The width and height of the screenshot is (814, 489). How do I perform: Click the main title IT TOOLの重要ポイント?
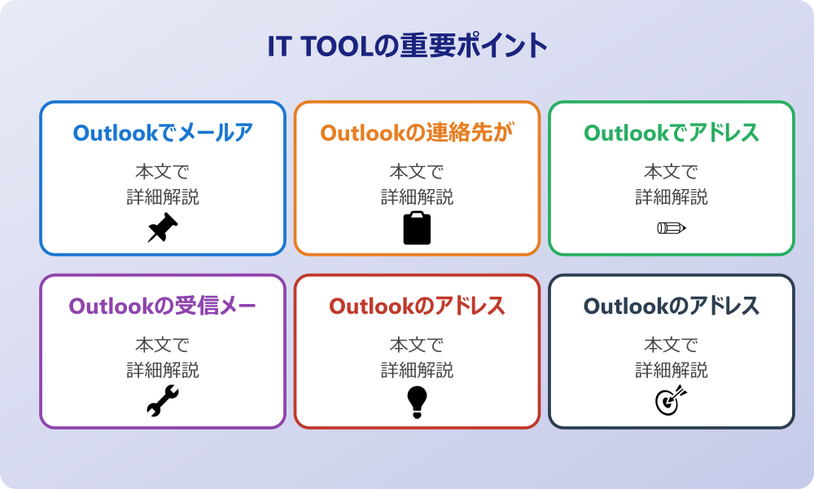point(407,46)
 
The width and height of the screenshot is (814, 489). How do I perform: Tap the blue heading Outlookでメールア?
point(163,133)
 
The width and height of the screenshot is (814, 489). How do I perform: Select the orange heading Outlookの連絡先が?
point(417,133)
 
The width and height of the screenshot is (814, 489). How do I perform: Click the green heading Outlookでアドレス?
point(672,133)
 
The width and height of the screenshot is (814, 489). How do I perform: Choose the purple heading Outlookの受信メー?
point(163,306)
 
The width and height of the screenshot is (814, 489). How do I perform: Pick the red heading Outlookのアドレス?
point(417,306)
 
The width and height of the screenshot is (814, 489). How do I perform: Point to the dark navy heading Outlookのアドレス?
point(672,306)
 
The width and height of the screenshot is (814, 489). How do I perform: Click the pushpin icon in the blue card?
point(163,228)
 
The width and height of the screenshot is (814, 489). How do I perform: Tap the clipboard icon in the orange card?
point(417,228)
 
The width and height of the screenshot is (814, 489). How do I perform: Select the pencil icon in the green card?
point(672,228)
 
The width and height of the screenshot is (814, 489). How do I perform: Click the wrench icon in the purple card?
point(163,402)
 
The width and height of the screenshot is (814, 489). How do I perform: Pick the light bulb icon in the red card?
point(417,402)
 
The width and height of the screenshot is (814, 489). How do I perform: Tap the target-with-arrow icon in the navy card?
point(672,401)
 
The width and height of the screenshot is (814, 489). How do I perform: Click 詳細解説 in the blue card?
point(163,197)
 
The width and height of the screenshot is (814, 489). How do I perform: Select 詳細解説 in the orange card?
point(417,197)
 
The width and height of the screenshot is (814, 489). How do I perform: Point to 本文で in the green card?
point(672,172)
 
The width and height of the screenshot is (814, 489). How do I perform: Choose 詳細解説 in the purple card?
point(163,371)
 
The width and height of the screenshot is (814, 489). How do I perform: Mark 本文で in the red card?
point(417,346)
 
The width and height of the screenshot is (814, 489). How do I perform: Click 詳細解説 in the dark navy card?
point(672,371)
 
